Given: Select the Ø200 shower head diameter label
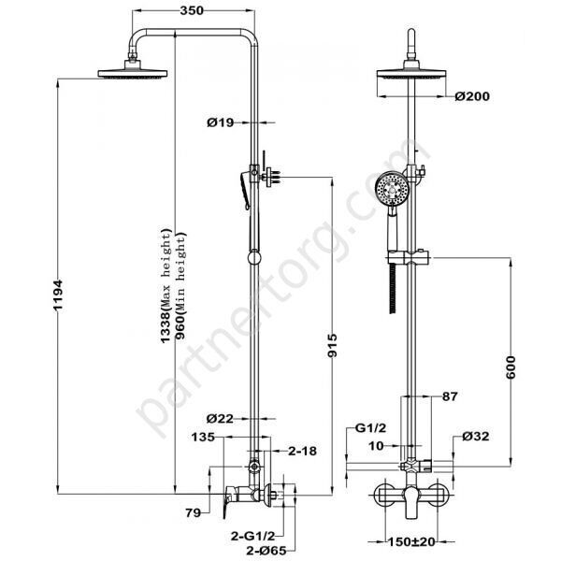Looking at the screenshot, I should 472,95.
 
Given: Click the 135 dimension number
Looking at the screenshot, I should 205,436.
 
